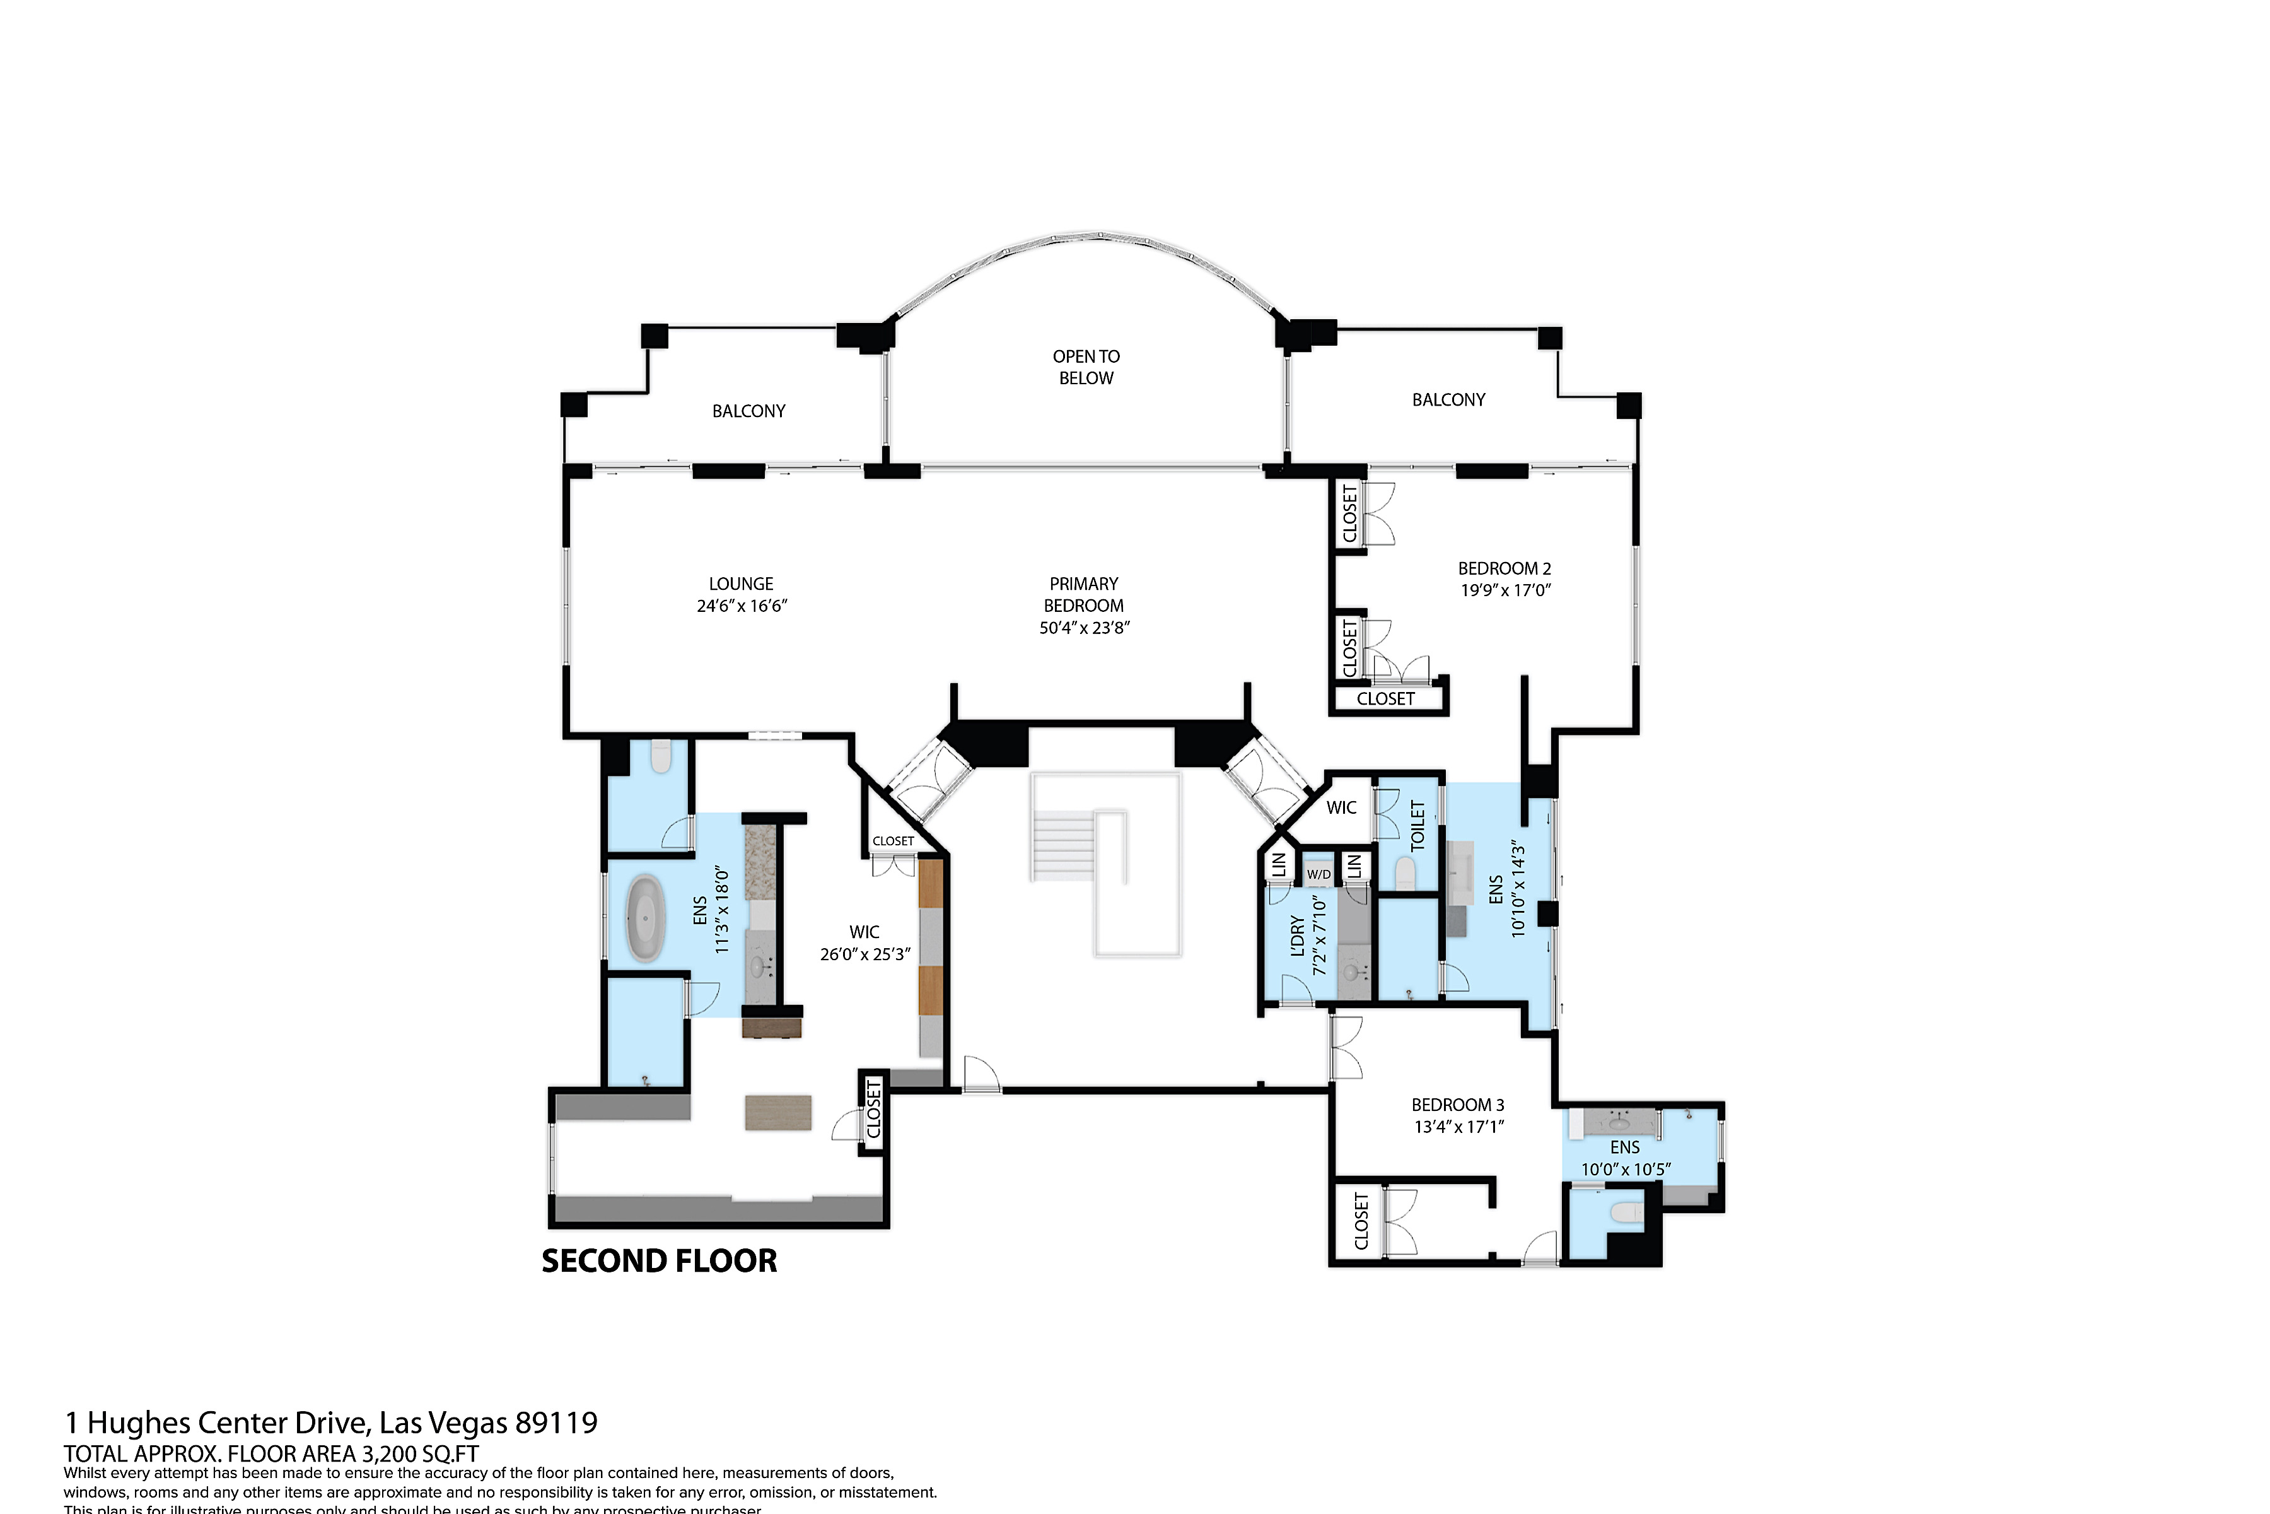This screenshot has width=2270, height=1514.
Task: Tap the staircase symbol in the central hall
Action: [1079, 845]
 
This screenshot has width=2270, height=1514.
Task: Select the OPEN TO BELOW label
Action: [1086, 367]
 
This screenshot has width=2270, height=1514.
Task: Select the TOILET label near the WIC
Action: [1417, 826]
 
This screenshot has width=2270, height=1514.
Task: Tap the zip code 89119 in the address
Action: [556, 1423]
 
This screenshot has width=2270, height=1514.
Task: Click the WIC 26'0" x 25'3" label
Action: [864, 943]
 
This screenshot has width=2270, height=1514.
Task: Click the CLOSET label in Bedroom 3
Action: [1361, 1221]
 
